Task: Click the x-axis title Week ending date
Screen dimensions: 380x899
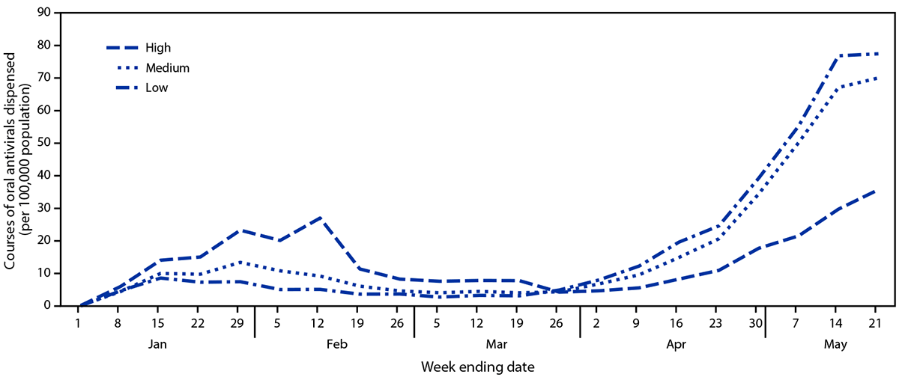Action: (477, 367)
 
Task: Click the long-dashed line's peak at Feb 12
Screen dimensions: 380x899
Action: (318, 218)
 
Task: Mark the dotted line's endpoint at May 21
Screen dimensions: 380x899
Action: (876, 78)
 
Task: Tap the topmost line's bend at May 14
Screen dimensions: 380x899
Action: (836, 56)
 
